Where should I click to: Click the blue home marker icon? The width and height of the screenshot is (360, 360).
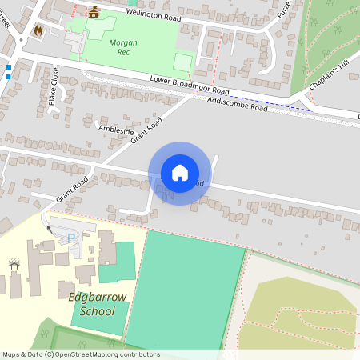pos(180,173)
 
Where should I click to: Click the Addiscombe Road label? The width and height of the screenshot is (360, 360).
pos(237,104)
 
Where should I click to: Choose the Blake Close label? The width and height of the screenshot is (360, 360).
pos(54,86)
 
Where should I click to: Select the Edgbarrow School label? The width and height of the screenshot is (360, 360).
pos(98,304)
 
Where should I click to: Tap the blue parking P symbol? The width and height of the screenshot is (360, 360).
pos(71,238)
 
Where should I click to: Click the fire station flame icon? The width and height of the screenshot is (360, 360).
pos(38,30)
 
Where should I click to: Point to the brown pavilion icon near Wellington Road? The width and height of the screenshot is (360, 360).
pos(94,12)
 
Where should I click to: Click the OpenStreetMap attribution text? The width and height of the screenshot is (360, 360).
pos(81,354)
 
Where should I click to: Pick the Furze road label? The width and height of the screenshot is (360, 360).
pos(284,10)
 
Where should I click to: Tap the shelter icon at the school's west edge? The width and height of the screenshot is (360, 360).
pos(14,264)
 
